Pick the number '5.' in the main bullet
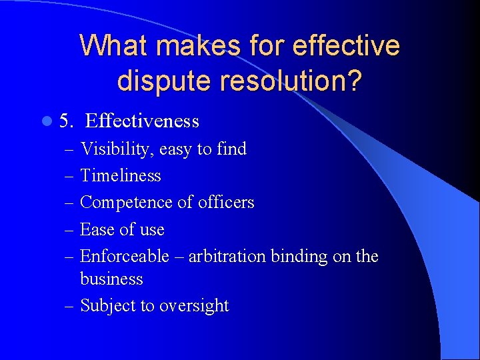coord(66,121)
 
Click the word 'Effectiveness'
coord(142,121)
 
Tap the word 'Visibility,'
coord(117,149)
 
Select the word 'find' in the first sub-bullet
coord(231,149)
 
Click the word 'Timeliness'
coord(121,175)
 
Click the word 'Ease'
coord(95,229)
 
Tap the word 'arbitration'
coord(227,256)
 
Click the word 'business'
coord(111,279)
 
